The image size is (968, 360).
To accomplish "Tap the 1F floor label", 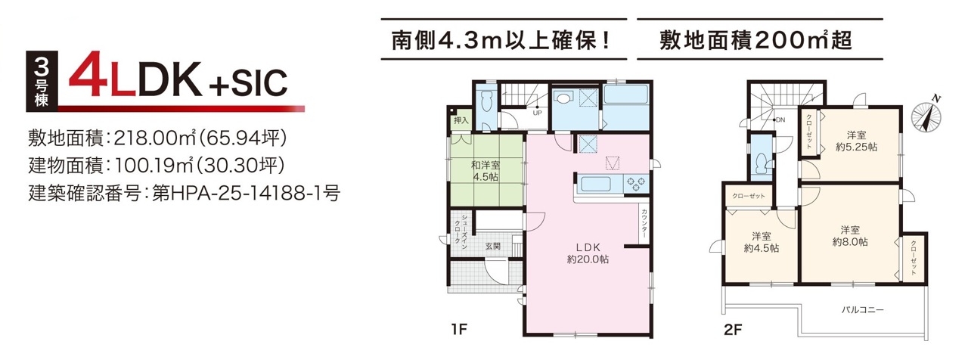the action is [459, 329].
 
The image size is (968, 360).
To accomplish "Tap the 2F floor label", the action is [733, 330].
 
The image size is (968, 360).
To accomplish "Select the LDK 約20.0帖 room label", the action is [588, 253].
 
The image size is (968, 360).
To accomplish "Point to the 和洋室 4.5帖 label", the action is [486, 171].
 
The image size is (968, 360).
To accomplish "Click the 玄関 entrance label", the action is [492, 246].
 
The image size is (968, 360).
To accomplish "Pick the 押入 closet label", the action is [461, 120].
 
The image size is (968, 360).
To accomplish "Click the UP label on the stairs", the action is [537, 113].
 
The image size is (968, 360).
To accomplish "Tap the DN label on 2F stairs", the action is [780, 119].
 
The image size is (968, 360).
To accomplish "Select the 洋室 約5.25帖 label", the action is [856, 141].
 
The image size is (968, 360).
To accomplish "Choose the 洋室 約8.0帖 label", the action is [850, 236].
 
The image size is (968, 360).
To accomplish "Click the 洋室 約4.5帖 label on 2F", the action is [762, 242].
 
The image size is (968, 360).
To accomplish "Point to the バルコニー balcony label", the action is [863, 310].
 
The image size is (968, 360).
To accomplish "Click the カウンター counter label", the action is [644, 223].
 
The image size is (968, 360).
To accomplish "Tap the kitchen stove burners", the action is [635, 184].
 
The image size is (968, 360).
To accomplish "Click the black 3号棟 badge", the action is [42, 82].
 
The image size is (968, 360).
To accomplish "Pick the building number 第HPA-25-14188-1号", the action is [246, 193].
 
